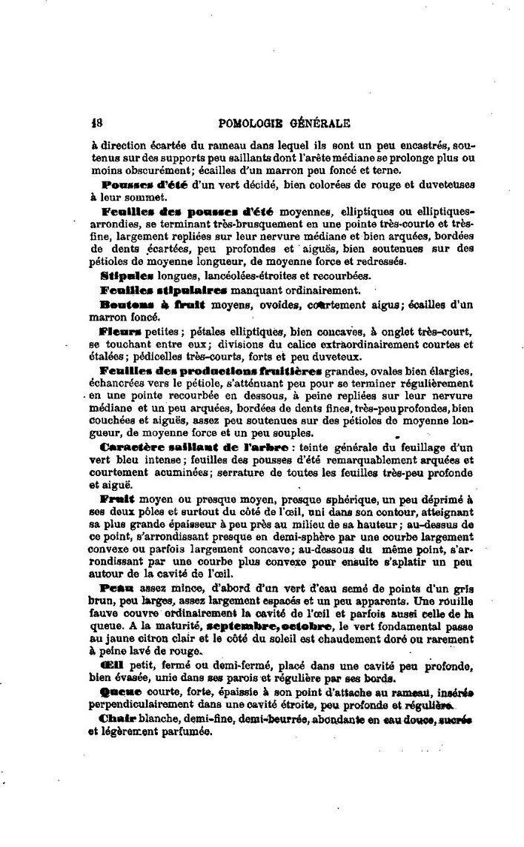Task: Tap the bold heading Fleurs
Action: pyautogui.click(x=119, y=330)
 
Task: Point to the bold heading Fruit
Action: pyautogui.click(x=115, y=500)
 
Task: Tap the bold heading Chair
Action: pyautogui.click(x=116, y=720)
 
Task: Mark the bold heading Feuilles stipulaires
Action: pyautogui.click(x=163, y=289)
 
